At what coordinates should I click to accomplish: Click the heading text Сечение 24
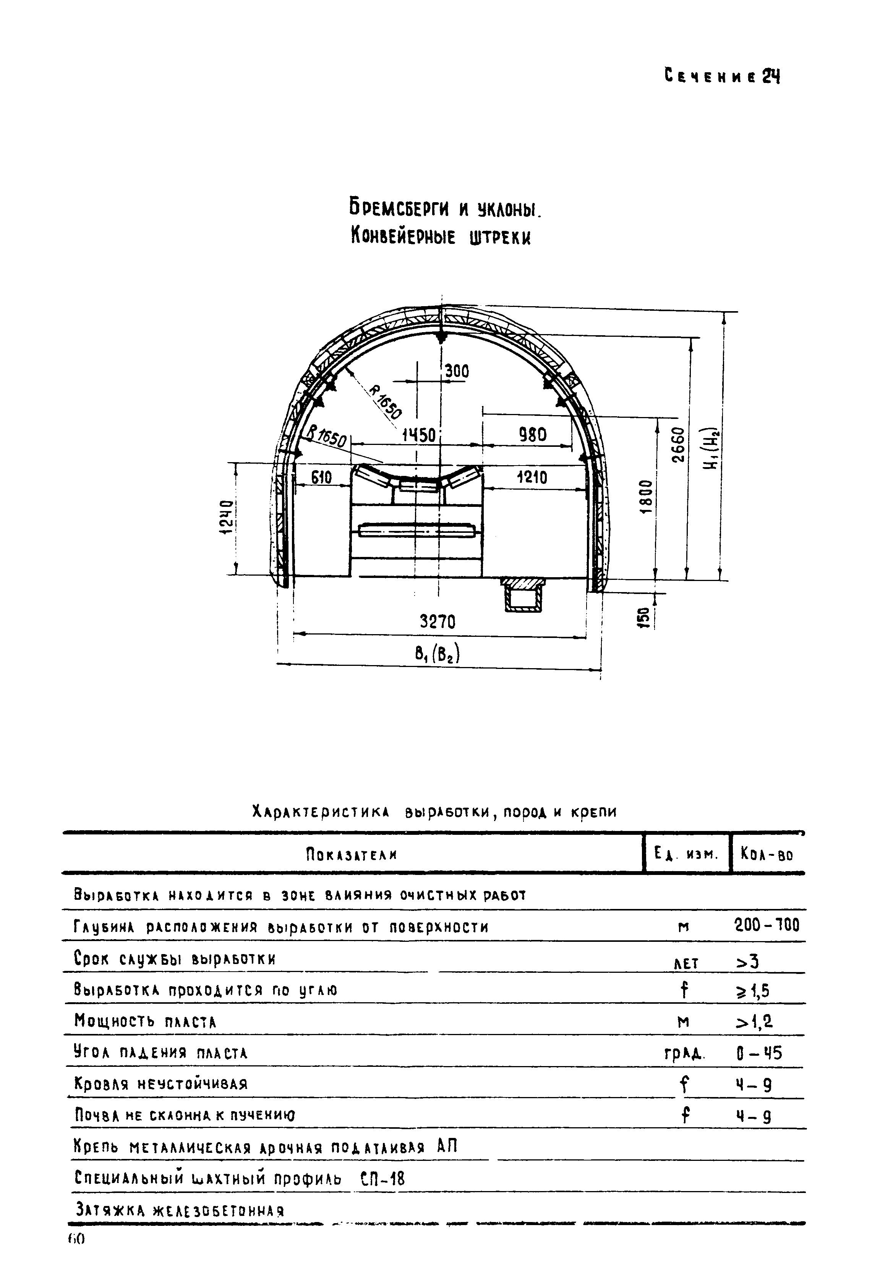721,76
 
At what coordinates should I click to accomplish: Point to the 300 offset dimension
457,371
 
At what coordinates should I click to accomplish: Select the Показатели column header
352,855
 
